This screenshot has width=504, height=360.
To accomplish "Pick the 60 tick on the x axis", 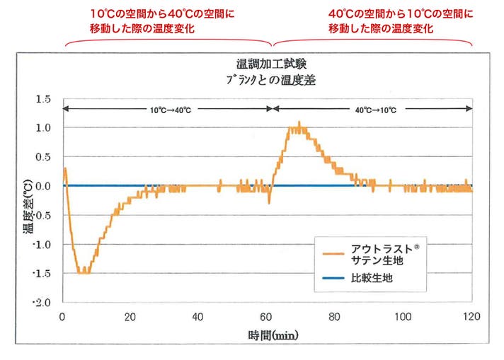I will (268, 316).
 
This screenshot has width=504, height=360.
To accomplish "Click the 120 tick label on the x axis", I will (471, 316).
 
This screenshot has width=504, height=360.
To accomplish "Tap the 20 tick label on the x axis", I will (131, 316).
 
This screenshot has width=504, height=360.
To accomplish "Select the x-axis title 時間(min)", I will (268, 334).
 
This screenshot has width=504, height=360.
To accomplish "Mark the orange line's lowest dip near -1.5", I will (84, 272).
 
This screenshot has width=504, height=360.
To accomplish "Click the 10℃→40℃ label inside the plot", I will (170, 110).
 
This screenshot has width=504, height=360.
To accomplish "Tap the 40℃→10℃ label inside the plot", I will (374, 110).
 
